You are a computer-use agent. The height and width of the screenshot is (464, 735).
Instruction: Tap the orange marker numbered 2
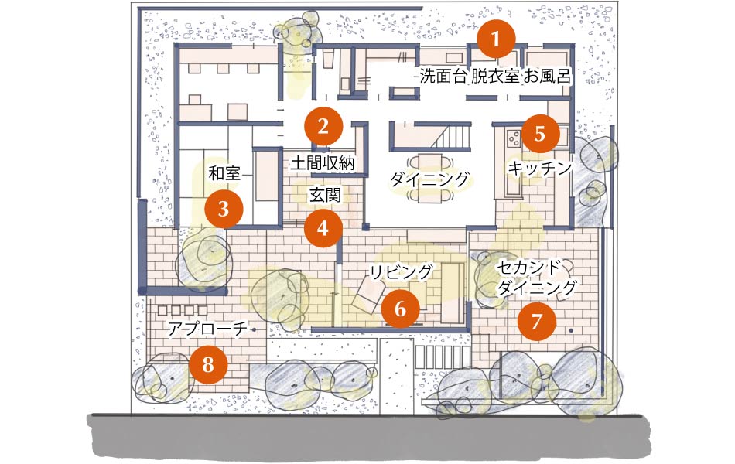323,127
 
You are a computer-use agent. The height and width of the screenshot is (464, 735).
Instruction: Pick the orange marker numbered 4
323,228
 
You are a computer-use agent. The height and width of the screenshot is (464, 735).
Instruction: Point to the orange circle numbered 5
540,134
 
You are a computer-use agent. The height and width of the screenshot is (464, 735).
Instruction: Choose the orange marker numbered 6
400,309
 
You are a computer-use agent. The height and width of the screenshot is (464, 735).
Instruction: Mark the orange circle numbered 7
537,322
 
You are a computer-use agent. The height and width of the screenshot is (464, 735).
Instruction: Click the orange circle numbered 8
209,364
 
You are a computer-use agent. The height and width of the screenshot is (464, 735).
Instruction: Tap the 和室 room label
224,173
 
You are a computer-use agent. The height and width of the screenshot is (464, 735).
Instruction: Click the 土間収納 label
323,163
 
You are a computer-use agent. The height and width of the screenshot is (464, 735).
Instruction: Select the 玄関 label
325,195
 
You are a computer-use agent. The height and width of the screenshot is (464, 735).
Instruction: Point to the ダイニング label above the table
429,179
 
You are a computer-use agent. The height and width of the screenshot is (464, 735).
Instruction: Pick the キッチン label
540,169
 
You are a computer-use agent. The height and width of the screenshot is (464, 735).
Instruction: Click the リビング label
401,272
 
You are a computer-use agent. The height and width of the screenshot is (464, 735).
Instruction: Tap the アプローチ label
207,329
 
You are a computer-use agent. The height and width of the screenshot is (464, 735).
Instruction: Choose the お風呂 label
547,76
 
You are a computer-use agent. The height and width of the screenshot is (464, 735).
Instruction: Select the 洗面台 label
443,76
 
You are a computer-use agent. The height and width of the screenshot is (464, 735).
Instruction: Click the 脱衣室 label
495,76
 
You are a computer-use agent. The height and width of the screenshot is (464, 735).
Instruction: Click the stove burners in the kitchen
514,137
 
